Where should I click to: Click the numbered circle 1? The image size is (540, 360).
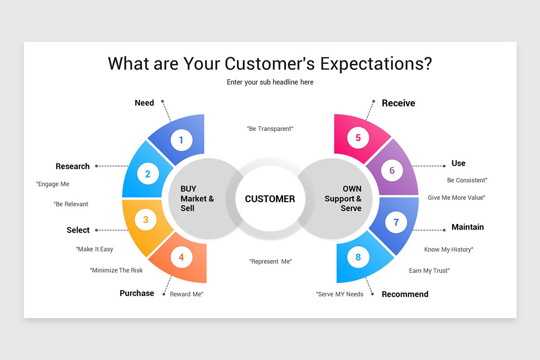(181, 140)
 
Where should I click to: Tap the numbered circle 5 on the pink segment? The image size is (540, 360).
(358, 138)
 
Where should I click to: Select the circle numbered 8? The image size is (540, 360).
(358, 257)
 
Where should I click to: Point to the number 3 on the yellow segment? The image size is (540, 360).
(146, 220)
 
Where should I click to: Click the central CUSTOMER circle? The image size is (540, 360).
(270, 199)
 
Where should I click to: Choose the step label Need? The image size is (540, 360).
(144, 103)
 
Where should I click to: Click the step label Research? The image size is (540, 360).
(72, 166)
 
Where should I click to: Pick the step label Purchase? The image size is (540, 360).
(137, 293)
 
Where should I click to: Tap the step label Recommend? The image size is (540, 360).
(405, 294)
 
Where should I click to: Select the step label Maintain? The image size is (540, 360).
(468, 227)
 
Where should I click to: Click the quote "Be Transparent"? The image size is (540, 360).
(270, 129)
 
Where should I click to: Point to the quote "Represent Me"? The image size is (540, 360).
(270, 261)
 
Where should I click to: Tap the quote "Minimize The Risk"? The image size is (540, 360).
(117, 270)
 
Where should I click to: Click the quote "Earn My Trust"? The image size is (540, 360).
(429, 271)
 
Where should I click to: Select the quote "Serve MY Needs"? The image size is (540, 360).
(340, 294)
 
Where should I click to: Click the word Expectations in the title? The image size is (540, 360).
(376, 63)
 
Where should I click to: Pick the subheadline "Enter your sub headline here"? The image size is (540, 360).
(270, 82)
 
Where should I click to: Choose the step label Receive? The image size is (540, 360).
(398, 103)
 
